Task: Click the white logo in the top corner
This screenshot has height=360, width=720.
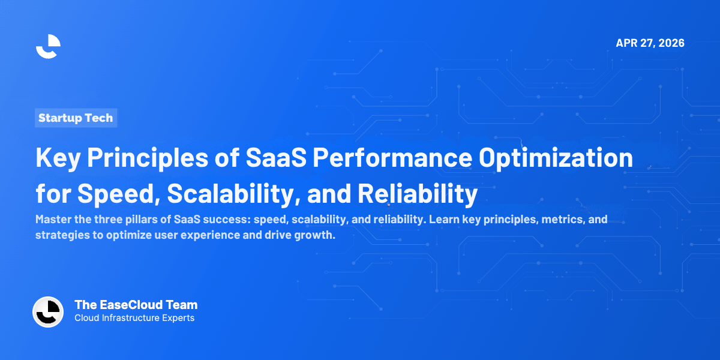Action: pos(48,46)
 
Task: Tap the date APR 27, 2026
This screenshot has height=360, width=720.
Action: pos(650,43)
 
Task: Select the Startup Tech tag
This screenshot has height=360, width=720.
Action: pos(76,118)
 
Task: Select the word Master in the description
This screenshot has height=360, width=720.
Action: pos(52,220)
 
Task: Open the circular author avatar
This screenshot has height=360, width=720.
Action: pos(48,312)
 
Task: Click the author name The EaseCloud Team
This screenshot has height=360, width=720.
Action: pos(136,305)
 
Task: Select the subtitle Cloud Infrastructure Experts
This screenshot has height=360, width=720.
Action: pos(134,319)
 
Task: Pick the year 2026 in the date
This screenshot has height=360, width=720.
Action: pos(671,43)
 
